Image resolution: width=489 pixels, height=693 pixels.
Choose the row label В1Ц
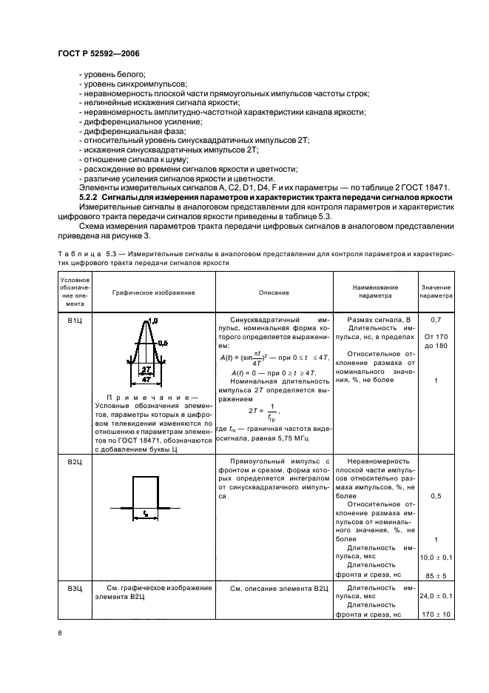[x=73, y=320]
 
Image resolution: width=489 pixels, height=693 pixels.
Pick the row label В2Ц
[x=73, y=461]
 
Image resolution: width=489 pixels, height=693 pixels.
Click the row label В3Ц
[x=73, y=588]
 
